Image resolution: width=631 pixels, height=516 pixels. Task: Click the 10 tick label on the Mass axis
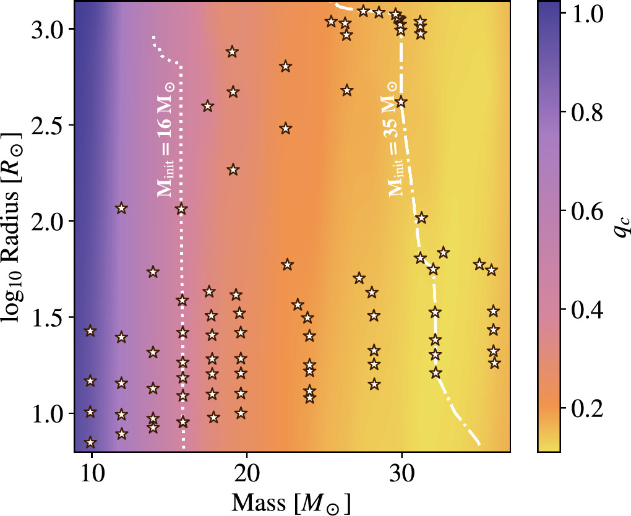(x=91, y=470)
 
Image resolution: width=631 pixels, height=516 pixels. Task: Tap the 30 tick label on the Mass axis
(x=402, y=470)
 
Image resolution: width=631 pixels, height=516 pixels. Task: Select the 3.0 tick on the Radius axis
(x=74, y=29)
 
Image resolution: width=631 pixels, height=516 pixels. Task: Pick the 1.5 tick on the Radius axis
(x=74, y=317)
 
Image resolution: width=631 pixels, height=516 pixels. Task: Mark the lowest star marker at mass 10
(x=91, y=442)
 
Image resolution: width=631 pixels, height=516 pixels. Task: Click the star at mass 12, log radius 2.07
(x=121, y=209)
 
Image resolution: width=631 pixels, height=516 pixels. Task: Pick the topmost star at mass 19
(x=233, y=51)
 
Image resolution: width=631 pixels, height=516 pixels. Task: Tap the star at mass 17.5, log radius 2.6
(x=208, y=106)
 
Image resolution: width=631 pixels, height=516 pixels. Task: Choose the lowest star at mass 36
(x=494, y=363)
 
